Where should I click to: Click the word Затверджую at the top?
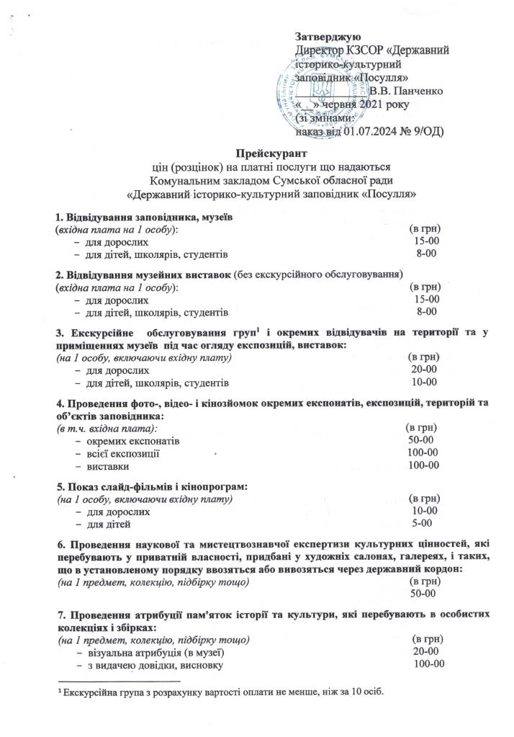click(328, 37)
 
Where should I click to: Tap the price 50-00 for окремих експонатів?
click(420, 439)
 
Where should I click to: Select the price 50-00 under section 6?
click(422, 594)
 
